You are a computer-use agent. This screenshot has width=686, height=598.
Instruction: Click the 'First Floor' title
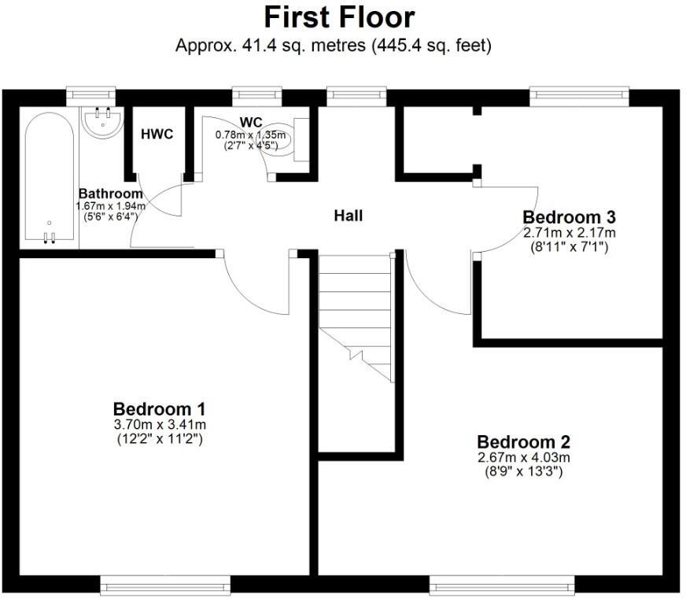(339, 17)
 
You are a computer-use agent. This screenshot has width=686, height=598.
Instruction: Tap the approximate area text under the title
(334, 46)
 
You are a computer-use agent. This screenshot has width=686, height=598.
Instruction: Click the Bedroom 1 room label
(159, 409)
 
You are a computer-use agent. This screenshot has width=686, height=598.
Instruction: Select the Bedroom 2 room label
(523, 441)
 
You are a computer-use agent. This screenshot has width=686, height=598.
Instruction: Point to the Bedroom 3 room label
(570, 216)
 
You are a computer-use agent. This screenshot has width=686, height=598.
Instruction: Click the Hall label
(349, 215)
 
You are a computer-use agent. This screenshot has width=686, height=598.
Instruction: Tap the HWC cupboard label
(157, 134)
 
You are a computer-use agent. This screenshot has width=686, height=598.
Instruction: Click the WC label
(251, 122)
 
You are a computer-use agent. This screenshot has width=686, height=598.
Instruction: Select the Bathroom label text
(111, 194)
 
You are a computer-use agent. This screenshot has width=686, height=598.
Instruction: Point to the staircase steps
(355, 315)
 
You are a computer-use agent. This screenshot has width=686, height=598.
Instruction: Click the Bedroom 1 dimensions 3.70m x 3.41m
(159, 425)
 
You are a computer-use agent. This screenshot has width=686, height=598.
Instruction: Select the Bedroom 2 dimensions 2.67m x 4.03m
(523, 457)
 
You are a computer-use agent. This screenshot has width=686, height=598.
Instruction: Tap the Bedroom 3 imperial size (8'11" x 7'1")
(570, 246)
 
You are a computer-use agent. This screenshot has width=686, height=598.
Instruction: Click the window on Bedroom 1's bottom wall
(165, 585)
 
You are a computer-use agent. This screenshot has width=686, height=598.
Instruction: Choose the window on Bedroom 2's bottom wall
(502, 585)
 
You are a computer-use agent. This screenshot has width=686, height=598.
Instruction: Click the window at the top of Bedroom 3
(580, 96)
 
